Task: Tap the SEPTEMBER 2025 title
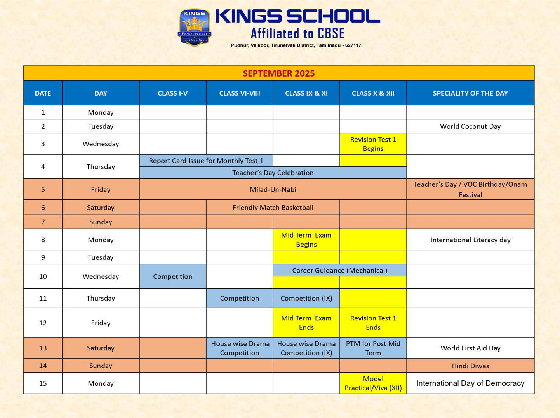point(278,73)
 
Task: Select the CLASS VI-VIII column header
point(239,93)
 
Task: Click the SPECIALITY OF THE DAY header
point(470,93)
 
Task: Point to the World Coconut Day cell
point(470,126)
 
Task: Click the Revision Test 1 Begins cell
point(373,144)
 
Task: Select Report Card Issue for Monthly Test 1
point(206,161)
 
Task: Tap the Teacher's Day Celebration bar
point(273,173)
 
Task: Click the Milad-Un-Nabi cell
point(273,189)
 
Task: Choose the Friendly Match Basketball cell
point(273,208)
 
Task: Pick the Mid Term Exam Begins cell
point(306,240)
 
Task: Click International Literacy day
point(470,240)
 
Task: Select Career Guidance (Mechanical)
point(339,270)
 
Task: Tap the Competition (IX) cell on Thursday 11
point(306,298)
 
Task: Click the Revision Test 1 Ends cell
point(373,323)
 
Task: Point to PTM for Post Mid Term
point(373,348)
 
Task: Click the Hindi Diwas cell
point(470,366)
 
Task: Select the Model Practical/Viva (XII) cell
point(373,383)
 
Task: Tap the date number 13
point(43,348)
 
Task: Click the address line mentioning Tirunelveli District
point(296,45)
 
